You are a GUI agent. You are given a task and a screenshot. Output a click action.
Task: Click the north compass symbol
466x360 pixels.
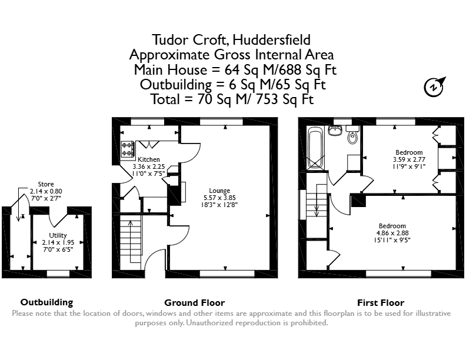pyautogui.click(x=434, y=86)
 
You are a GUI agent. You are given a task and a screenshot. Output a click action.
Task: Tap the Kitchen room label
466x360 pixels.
pyautogui.click(x=149, y=159)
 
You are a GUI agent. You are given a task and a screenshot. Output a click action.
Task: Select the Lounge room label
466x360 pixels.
pyautogui.click(x=219, y=191)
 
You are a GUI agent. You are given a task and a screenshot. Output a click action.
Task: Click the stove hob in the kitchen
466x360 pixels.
pyautogui.click(x=128, y=149)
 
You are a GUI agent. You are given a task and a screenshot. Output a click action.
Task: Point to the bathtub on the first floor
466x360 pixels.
pyautogui.click(x=315, y=148)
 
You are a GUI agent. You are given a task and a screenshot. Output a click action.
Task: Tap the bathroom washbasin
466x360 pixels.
pyautogui.click(x=335, y=131)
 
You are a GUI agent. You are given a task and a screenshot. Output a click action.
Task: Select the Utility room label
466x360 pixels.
pyautogui.click(x=58, y=235)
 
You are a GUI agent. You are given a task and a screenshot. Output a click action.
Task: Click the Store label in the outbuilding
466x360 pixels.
pyautogui.click(x=46, y=184)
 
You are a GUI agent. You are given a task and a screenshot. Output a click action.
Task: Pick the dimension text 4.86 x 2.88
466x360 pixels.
pyautogui.click(x=392, y=233)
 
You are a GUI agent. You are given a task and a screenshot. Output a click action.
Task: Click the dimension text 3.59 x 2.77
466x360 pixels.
pyautogui.click(x=409, y=159)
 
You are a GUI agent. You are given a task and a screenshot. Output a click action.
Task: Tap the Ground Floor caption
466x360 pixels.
pyautogui.click(x=194, y=303)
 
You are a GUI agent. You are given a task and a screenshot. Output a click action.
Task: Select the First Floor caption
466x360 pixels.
pyautogui.click(x=381, y=303)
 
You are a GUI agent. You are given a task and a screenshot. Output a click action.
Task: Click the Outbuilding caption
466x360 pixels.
pyautogui.click(x=46, y=302)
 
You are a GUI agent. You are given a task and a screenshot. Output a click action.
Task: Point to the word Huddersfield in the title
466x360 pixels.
pyautogui.click(x=272, y=40)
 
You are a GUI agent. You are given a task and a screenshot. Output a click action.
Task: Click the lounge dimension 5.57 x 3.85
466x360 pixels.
pyautogui.click(x=219, y=198)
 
